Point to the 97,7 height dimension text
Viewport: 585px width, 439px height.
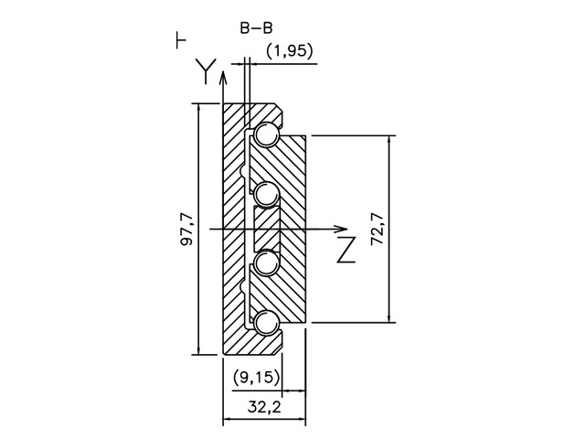click(186, 229)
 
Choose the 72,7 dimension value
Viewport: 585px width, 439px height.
click(376, 229)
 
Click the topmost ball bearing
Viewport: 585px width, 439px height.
click(268, 135)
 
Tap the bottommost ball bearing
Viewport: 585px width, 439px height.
click(268, 322)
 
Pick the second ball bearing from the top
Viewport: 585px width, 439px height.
click(268, 194)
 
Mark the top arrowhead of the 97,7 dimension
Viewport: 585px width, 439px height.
click(199, 108)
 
